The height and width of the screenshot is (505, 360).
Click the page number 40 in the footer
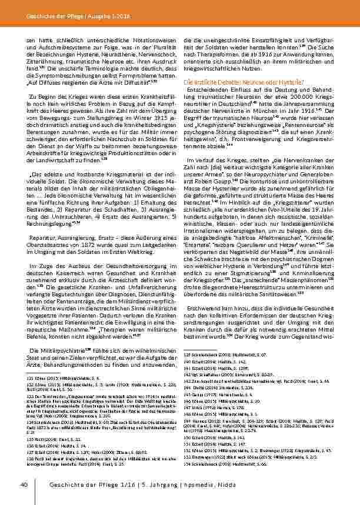[24, 484]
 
